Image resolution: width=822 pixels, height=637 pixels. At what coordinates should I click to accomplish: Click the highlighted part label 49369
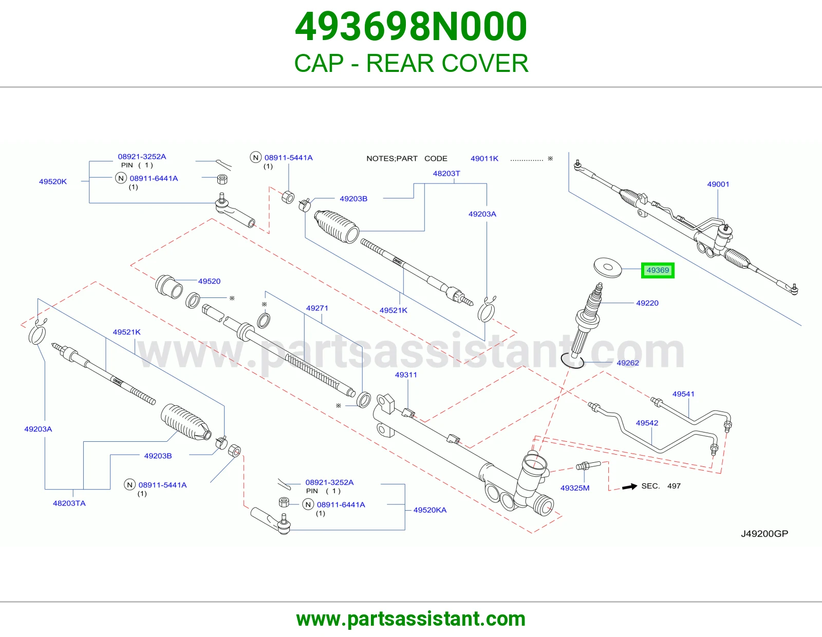tap(658, 270)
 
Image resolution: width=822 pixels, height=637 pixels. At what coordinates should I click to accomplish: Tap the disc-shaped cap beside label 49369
tap(608, 268)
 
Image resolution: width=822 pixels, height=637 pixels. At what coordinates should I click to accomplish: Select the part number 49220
tap(647, 303)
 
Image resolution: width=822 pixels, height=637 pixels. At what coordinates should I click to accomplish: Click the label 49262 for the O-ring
tap(628, 363)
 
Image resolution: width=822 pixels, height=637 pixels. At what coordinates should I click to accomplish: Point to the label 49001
tap(718, 184)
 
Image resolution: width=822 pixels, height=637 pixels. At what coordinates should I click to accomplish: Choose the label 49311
tap(406, 375)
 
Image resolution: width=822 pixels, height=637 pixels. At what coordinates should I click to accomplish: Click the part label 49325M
tap(574, 488)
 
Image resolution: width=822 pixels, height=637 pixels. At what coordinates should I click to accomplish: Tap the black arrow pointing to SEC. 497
tap(629, 486)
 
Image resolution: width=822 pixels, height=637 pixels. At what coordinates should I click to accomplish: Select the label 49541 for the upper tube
tap(683, 394)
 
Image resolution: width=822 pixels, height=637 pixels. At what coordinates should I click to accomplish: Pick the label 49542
tap(647, 423)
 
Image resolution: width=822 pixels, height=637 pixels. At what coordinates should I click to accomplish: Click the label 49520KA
tap(429, 510)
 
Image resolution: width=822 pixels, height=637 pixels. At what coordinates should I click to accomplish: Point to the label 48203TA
tap(69, 503)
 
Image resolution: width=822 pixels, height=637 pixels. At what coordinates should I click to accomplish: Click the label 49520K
tap(52, 181)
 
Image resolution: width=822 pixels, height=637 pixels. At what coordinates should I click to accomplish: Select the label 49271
tap(317, 308)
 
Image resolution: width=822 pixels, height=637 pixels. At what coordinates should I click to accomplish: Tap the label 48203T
tap(446, 174)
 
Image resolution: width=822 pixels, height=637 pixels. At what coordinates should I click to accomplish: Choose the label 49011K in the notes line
tap(484, 159)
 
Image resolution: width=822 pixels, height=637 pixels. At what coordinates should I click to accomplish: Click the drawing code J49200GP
tap(764, 534)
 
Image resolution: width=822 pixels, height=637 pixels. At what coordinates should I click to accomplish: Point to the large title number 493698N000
tap(411, 27)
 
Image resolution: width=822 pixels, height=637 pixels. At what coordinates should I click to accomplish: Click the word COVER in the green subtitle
tap(485, 63)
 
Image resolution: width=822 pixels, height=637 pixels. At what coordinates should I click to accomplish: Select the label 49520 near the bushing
tap(209, 281)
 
